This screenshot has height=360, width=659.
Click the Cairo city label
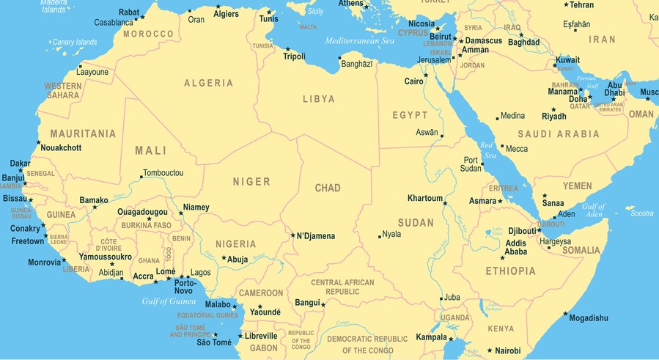(x=413, y=81)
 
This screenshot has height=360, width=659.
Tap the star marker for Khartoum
(x=445, y=203)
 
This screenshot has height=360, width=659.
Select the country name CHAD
(x=328, y=188)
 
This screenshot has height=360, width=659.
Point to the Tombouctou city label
(x=163, y=173)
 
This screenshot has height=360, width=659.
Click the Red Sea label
(x=487, y=150)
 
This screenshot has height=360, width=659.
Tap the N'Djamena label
(x=315, y=236)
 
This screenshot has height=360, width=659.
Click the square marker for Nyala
(x=380, y=236)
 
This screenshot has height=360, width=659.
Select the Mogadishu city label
(x=589, y=318)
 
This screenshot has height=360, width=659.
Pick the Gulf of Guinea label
(x=169, y=301)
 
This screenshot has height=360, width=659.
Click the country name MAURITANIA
(x=83, y=134)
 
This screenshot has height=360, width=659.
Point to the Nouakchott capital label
(x=61, y=148)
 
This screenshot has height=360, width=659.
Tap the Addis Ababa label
(x=516, y=248)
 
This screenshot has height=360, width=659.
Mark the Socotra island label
(x=641, y=213)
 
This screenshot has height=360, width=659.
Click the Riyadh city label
(x=553, y=117)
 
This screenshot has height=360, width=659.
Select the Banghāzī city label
(x=358, y=65)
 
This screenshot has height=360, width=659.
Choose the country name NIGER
(x=251, y=182)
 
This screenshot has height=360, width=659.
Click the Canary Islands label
(x=75, y=43)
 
